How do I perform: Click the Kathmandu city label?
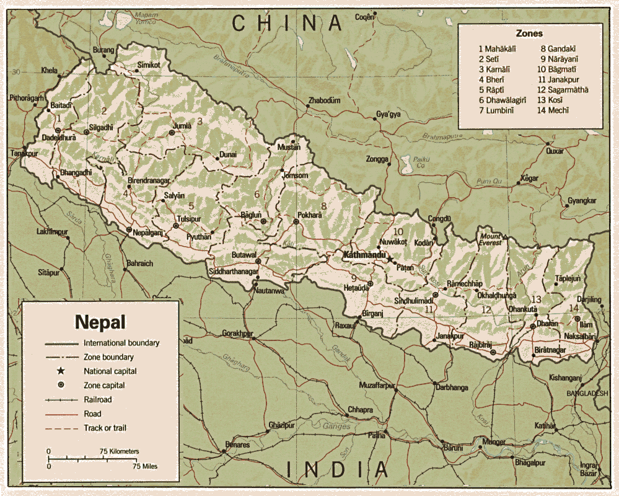tap(361, 255)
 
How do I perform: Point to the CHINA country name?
tap(287, 24)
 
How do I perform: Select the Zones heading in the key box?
tap(529, 33)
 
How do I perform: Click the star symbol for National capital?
tap(61, 371)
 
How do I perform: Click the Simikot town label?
tap(149, 64)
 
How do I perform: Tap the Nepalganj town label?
tap(147, 233)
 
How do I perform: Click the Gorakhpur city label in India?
tap(238, 333)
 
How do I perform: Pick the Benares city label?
tap(237, 445)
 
